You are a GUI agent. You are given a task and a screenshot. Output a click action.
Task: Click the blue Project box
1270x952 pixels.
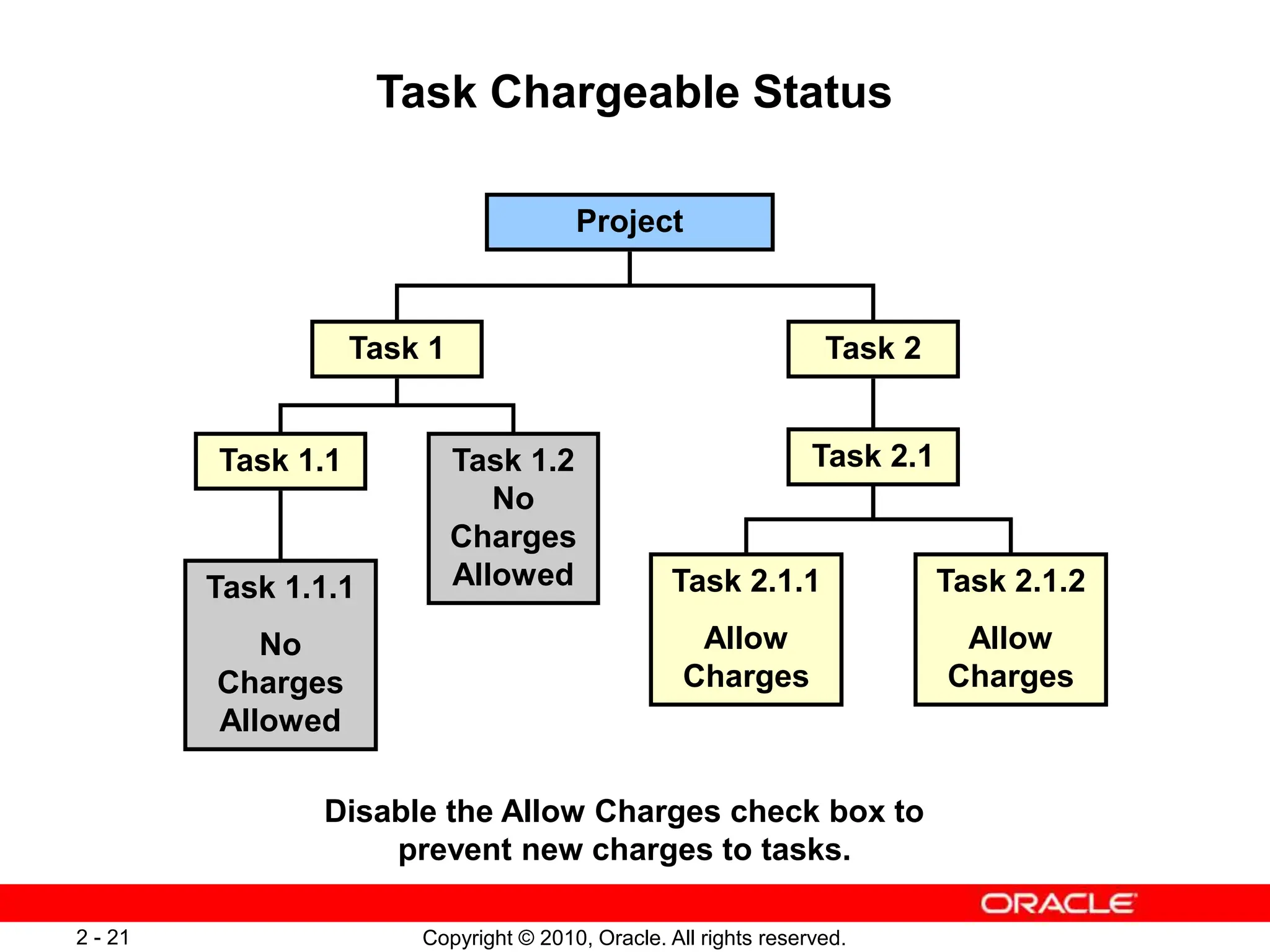click(629, 222)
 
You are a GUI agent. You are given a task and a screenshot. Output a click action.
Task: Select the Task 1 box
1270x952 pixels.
click(397, 349)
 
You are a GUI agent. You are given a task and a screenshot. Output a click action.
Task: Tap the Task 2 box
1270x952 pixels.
click(873, 349)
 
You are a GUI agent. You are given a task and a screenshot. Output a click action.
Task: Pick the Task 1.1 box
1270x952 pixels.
click(280, 461)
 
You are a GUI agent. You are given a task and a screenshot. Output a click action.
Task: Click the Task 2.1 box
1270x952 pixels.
click(873, 457)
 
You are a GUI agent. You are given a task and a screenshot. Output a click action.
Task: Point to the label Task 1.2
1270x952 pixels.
click(513, 461)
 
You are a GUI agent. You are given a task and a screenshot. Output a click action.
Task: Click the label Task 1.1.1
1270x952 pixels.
click(280, 588)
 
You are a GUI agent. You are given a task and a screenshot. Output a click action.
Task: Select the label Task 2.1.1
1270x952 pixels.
click(746, 581)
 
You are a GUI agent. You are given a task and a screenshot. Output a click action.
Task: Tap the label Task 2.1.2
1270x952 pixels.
click(1011, 581)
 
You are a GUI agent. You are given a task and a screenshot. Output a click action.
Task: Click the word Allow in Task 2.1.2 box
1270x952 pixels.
click(1010, 638)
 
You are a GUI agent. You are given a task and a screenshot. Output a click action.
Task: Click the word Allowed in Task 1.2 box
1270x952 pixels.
click(513, 575)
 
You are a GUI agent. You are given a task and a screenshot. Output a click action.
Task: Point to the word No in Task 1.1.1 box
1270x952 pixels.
click(280, 645)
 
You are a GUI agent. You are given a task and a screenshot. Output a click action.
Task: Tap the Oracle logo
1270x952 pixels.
click(1058, 904)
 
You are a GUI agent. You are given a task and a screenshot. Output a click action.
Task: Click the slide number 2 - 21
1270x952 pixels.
click(103, 937)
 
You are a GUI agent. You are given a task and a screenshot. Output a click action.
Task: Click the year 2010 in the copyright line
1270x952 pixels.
click(560, 938)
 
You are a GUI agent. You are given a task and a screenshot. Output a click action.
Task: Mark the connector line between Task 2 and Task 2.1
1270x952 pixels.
click(873, 403)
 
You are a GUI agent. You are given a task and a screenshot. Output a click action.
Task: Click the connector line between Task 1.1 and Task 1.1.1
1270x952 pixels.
click(280, 524)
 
